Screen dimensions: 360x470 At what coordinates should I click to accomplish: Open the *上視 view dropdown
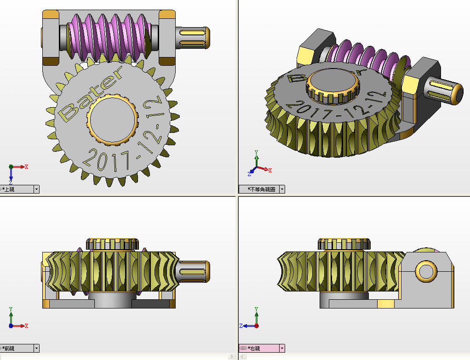pos(36,189)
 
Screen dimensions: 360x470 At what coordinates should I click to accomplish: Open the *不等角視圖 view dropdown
pos(282,189)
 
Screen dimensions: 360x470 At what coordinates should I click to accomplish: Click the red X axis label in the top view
pos(27,167)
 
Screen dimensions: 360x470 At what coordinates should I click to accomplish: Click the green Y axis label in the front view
pos(11,309)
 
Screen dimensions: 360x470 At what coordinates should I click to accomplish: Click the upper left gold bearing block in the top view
pos(51,16)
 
